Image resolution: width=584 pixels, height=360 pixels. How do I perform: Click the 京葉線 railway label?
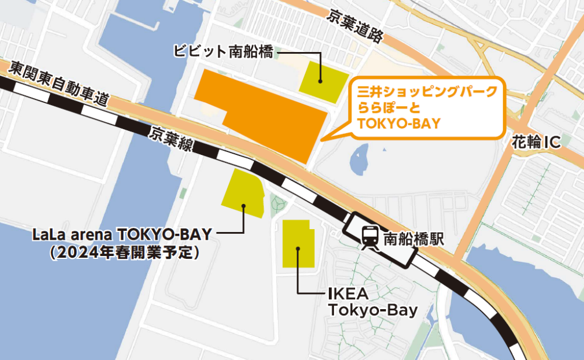coord(171,141)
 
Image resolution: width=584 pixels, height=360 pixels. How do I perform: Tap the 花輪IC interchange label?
coord(536,142)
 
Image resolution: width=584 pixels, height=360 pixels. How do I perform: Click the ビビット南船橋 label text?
coord(224,51)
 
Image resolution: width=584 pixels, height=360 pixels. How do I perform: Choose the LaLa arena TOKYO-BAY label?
coord(121,234)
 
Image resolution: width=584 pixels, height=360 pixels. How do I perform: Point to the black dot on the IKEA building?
coord(298,250)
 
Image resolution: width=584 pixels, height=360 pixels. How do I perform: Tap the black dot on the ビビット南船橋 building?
coord(320,81)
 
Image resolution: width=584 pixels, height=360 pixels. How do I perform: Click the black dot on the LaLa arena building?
coord(244,205)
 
